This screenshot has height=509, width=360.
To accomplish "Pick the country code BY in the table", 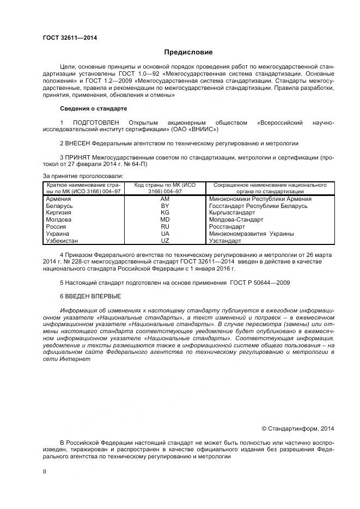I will coord(165,206).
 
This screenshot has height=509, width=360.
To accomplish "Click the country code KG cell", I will coord(165,213).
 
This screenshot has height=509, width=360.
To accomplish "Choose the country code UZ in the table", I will coord(165,240).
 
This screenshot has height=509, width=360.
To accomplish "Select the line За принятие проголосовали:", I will coord(83,175).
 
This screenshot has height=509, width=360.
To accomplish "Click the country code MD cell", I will coord(165,219).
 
